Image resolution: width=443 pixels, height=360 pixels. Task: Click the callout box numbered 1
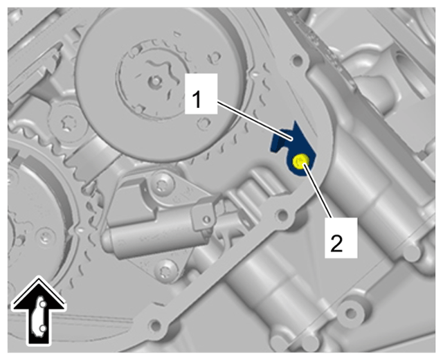(201, 93)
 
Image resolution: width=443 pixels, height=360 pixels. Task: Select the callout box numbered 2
(341, 237)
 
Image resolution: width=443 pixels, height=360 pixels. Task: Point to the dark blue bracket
(293, 147)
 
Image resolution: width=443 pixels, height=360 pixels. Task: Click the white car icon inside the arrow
(39, 316)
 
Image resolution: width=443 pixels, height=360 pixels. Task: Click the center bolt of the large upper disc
(154, 81)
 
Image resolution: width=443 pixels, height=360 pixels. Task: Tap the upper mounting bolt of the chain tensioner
(162, 183)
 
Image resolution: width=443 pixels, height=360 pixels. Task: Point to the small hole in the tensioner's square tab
(207, 219)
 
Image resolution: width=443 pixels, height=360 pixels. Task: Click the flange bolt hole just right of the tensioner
(283, 215)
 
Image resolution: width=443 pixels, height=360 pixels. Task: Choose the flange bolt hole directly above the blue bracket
(297, 60)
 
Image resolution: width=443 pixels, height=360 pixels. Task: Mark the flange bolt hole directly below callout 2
(351, 313)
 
